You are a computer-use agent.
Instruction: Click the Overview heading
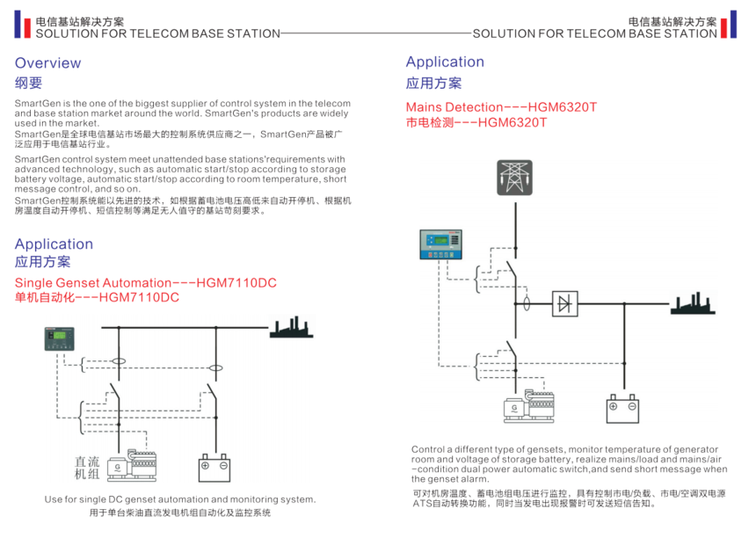(x=47, y=63)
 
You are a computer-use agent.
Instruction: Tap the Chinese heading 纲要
(x=28, y=84)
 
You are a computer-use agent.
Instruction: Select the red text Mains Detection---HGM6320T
(x=501, y=107)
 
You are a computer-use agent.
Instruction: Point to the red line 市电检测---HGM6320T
(x=476, y=123)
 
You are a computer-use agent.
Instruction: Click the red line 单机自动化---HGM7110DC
(x=97, y=298)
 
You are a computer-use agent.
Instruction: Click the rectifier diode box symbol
(x=564, y=303)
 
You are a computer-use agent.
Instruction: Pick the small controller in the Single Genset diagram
(x=61, y=338)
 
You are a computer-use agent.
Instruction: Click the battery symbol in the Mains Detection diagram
(x=622, y=409)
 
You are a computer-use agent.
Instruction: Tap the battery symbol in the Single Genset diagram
(x=214, y=467)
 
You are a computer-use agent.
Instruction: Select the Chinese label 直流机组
(x=87, y=468)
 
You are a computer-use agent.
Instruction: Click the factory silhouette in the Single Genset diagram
(x=290, y=328)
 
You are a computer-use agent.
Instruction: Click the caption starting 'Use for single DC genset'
(x=179, y=499)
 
